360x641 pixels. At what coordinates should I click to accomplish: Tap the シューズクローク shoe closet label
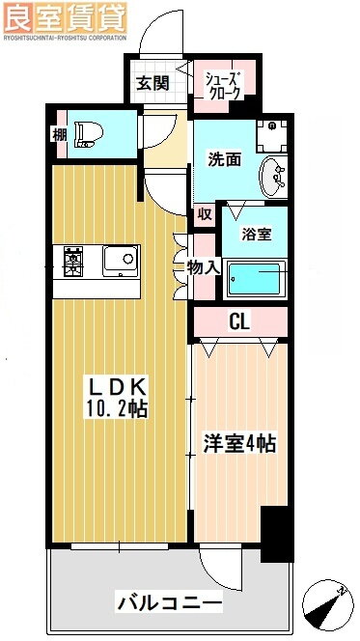[x=220, y=85]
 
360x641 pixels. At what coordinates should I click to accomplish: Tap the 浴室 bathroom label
[x=256, y=233]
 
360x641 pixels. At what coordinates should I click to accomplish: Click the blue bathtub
[x=255, y=280]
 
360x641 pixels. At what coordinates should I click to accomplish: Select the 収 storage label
[x=204, y=214]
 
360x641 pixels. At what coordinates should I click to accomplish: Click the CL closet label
[x=239, y=321]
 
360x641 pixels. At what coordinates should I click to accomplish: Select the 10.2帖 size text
[x=114, y=410]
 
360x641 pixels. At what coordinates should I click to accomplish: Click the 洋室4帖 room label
[x=240, y=444]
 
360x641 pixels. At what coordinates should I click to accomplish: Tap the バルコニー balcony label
[x=170, y=603]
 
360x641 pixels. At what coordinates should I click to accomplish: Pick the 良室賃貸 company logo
[x=64, y=15]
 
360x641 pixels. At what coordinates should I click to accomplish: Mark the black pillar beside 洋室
[x=278, y=533]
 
